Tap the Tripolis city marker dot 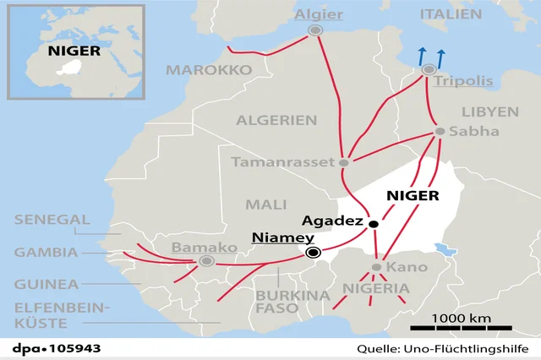tap(429, 68)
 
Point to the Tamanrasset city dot tap(344, 162)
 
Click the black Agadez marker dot tap(372, 224)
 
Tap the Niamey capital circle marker tap(314, 252)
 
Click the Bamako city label tap(205, 248)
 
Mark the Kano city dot tap(377, 267)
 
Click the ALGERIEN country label tap(276, 120)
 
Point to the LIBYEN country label tap(490, 112)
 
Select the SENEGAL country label tap(52, 220)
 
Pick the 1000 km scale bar tap(462, 328)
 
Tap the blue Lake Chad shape tap(441, 248)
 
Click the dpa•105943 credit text tap(51, 348)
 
